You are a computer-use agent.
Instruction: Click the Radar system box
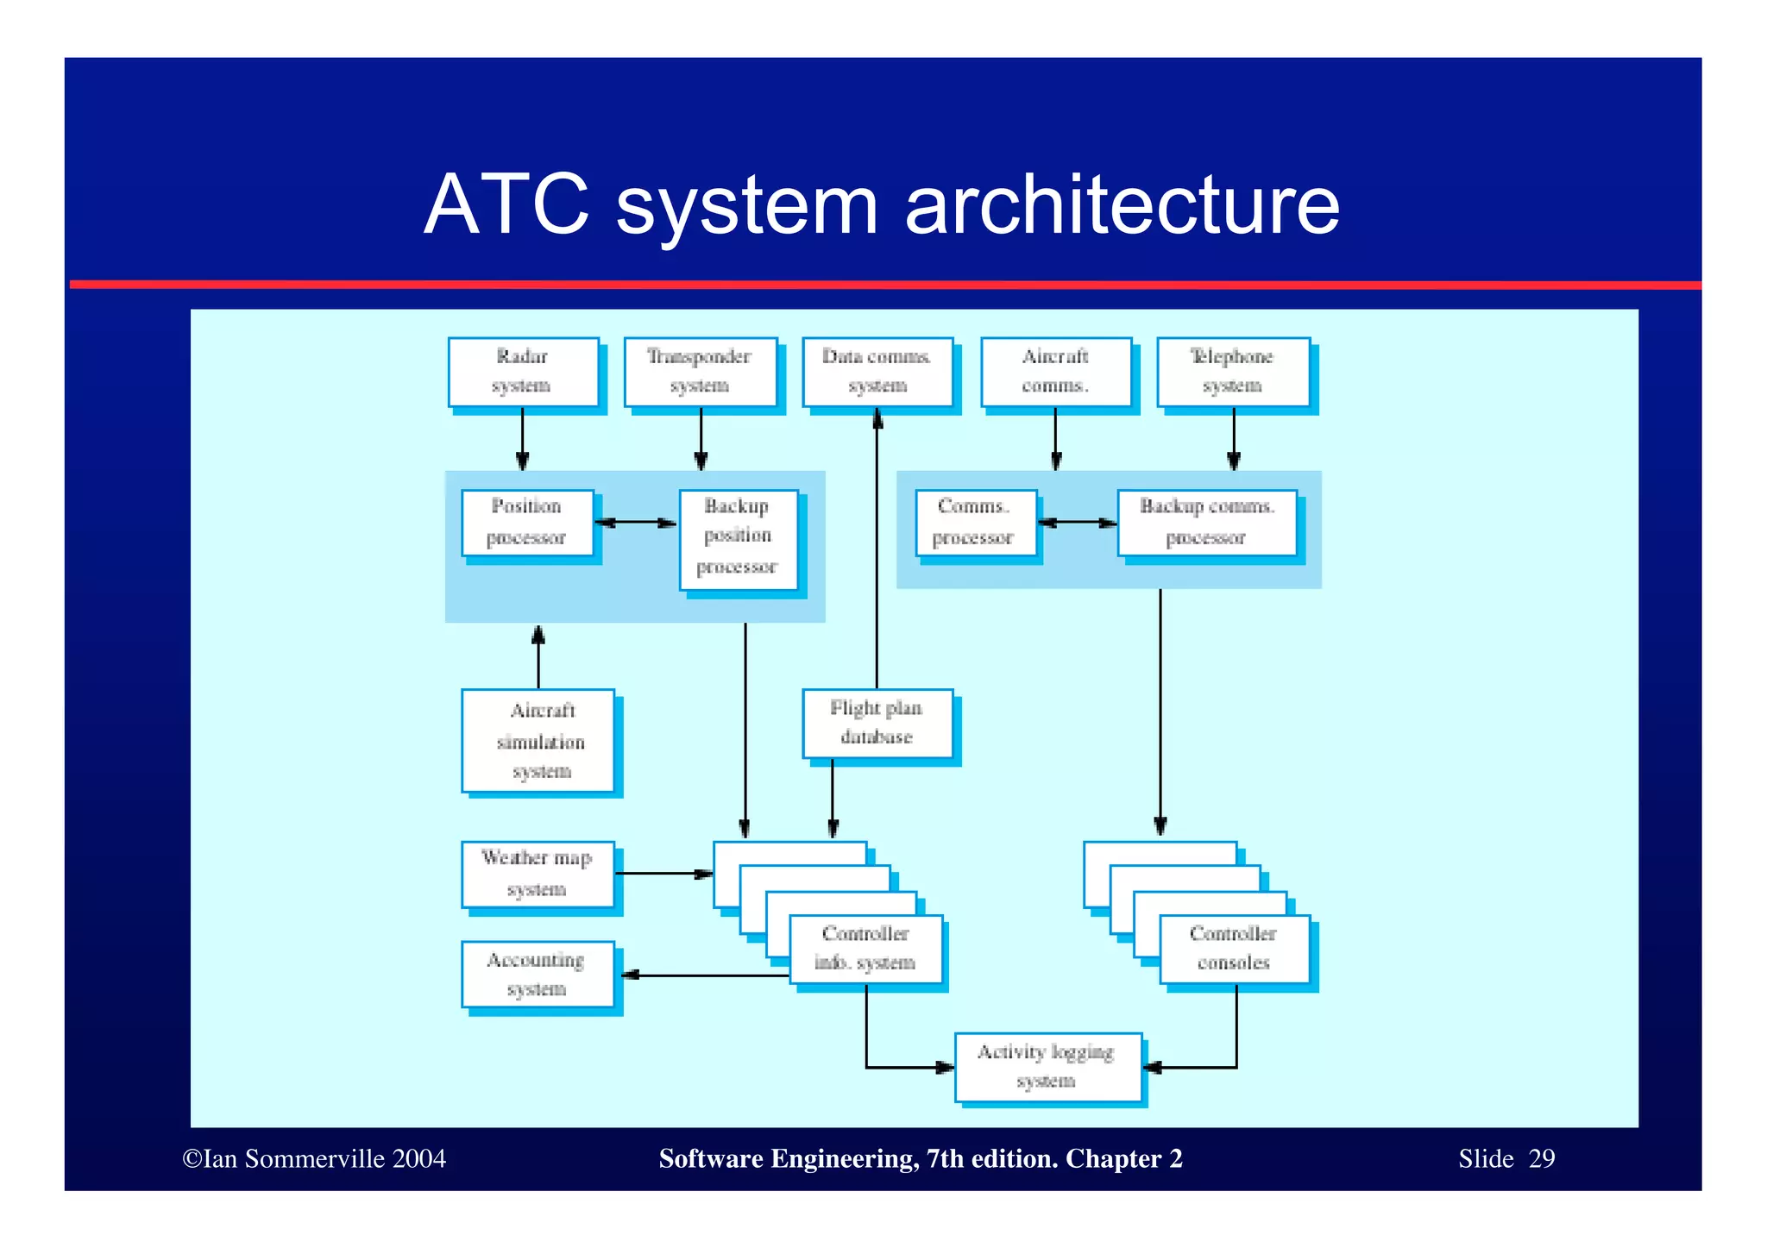point(523,372)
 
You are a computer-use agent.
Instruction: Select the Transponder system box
point(700,372)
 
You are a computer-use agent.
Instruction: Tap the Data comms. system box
point(877,372)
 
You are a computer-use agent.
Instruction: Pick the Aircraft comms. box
point(1055,372)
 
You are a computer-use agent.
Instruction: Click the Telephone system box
point(1233,372)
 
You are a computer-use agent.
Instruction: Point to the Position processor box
point(527,523)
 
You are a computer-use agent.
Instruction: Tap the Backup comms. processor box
point(1206,523)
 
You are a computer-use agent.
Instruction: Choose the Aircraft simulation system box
point(538,740)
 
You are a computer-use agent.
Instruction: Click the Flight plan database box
point(877,723)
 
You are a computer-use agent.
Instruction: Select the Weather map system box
point(538,874)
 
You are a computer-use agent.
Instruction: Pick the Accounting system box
point(538,975)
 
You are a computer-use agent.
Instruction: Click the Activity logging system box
point(1047,1067)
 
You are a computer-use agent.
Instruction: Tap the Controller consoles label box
point(1234,949)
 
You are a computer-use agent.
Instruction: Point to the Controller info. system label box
point(865,949)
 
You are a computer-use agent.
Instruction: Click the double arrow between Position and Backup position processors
point(637,523)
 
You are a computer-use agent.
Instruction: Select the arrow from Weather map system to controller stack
point(663,874)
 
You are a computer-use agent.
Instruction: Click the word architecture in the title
point(1122,205)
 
